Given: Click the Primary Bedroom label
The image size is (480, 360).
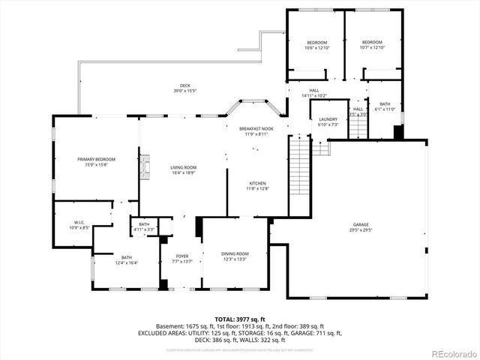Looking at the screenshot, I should click(x=96, y=162).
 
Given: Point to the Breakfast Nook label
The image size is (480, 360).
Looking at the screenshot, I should click(x=256, y=131).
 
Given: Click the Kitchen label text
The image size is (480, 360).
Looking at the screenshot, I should click(x=257, y=186).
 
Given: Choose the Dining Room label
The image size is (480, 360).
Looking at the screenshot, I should click(x=235, y=256).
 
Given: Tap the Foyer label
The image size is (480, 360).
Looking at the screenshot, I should click(x=182, y=259).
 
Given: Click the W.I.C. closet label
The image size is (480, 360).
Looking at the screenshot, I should click(x=79, y=224).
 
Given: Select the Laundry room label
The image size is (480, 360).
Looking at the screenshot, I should click(x=328, y=121).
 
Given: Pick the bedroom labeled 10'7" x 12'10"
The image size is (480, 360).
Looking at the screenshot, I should click(x=373, y=45).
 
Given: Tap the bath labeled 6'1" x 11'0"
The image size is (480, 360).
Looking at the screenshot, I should click(x=385, y=107).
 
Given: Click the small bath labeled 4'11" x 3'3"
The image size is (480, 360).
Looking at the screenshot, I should click(x=144, y=226).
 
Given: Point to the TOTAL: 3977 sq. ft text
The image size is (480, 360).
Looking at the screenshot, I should click(x=240, y=319).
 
